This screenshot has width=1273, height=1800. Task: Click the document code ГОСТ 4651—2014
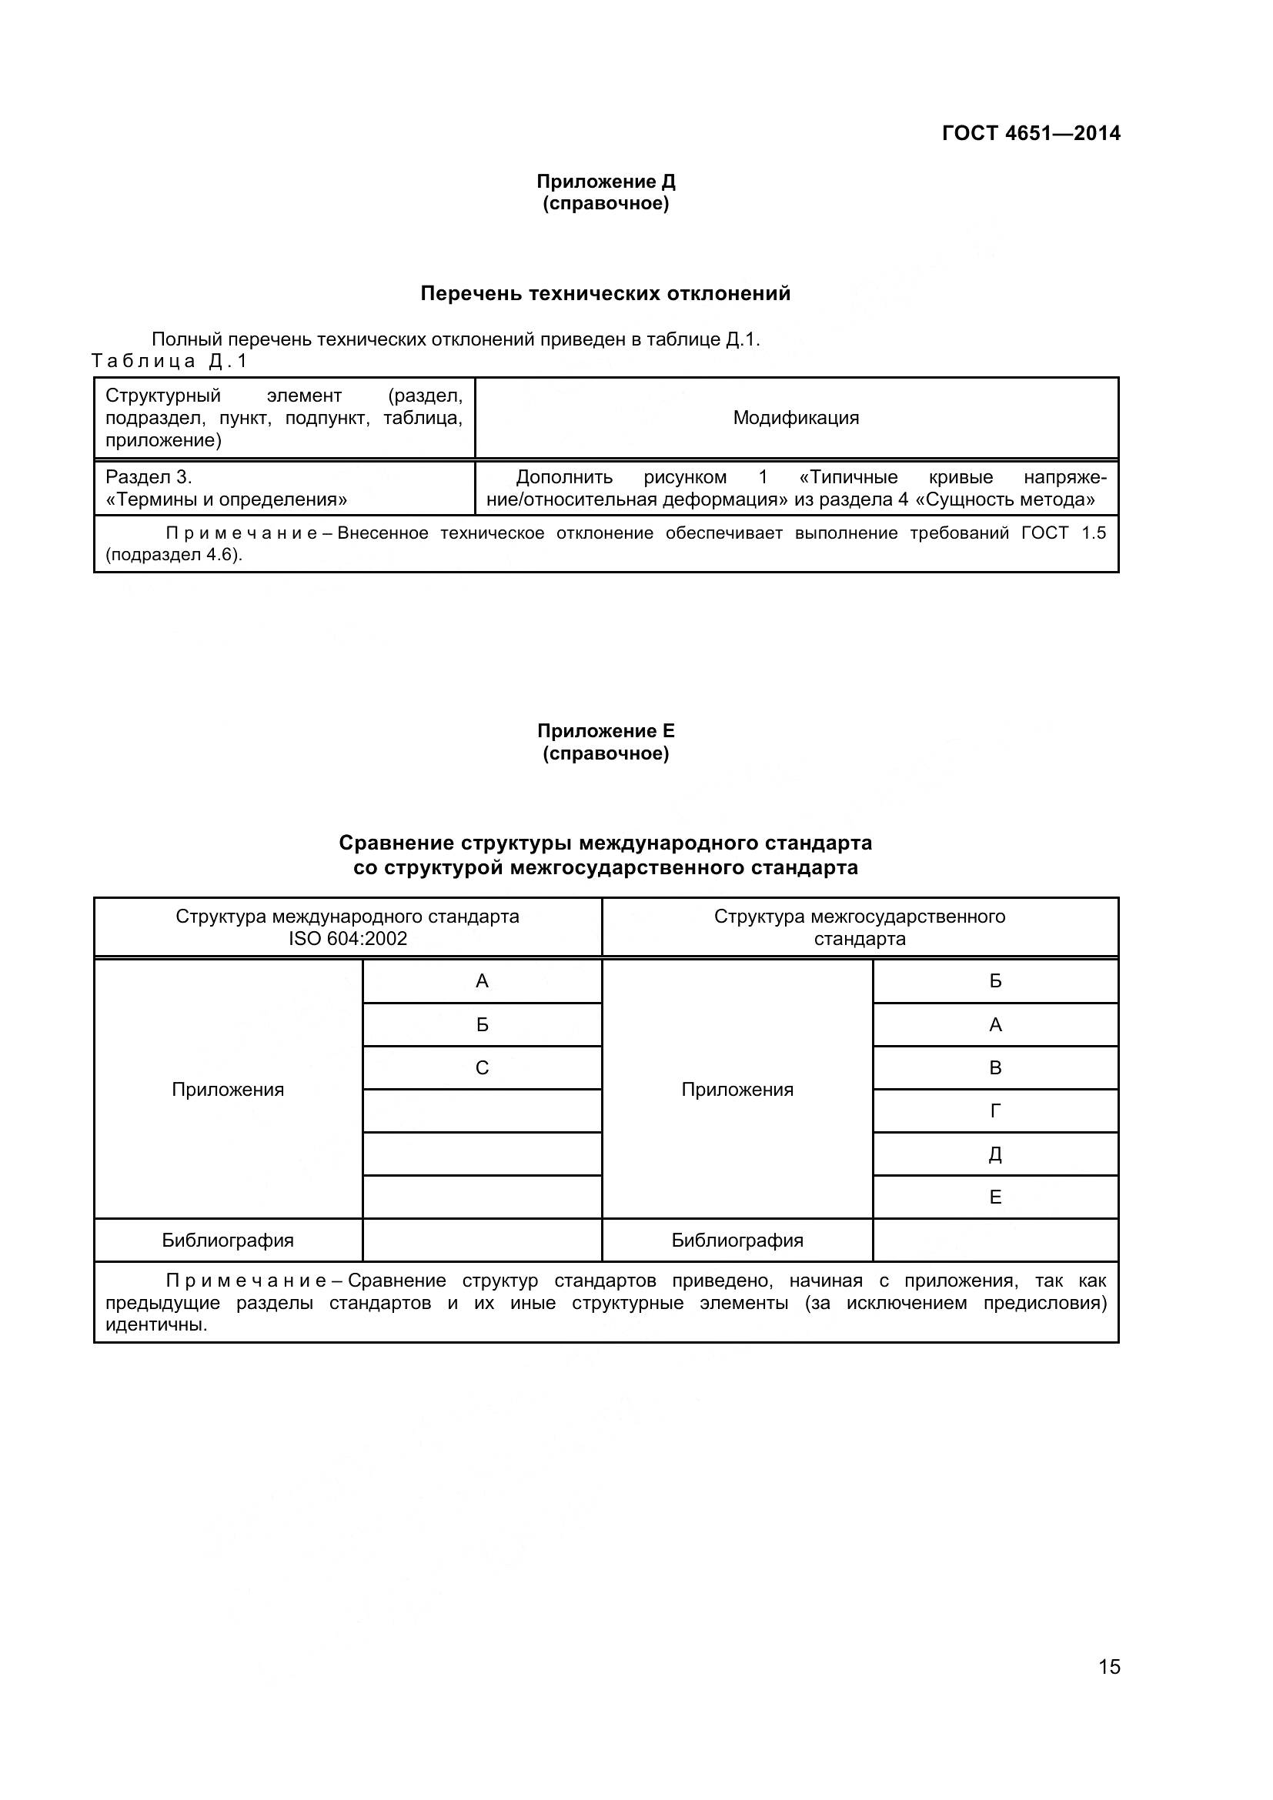tap(1031, 133)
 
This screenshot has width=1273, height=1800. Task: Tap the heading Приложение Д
tap(605, 182)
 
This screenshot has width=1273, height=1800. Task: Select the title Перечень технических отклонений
tap(605, 294)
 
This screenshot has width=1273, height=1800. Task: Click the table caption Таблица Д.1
tap(169, 362)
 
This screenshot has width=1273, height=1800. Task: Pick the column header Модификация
tap(796, 418)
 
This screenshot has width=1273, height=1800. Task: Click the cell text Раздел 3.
tap(149, 477)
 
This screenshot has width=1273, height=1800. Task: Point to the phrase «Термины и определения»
tap(226, 499)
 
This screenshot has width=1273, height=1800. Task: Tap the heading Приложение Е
tap(605, 731)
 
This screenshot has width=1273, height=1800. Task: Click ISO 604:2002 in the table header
tap(347, 939)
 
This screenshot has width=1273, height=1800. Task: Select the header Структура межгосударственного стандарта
tap(859, 927)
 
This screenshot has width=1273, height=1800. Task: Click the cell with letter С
tap(482, 1068)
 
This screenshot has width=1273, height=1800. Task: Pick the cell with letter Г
tap(995, 1111)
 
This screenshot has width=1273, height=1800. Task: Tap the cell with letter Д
tap(995, 1154)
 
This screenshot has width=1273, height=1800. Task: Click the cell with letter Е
tap(995, 1197)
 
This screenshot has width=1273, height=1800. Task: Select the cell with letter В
tap(995, 1068)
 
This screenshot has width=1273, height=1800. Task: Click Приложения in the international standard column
tap(227, 1090)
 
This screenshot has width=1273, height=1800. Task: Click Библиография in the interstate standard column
tap(737, 1241)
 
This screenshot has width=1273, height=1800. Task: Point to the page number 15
tap(1109, 1688)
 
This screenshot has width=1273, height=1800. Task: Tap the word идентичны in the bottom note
tap(156, 1326)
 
